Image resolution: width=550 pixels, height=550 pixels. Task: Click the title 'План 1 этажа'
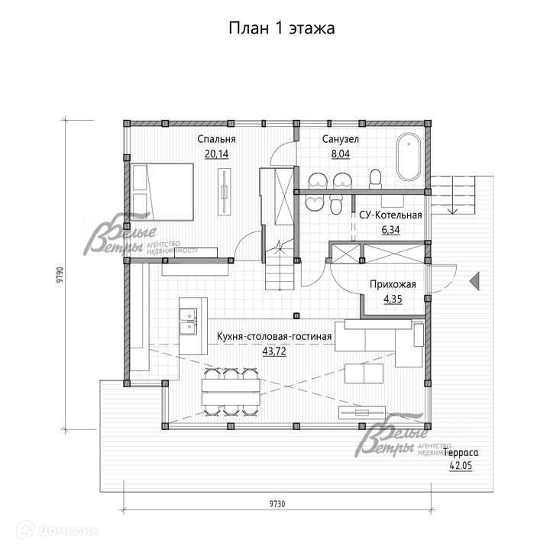tap(282, 28)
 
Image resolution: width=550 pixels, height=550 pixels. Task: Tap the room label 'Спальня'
tap(216, 140)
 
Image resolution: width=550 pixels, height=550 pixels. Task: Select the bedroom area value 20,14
tap(216, 154)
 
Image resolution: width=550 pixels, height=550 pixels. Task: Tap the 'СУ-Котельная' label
tap(390, 215)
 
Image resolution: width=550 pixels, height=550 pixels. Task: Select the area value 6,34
tap(390, 228)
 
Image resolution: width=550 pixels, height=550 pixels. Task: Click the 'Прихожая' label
tap(392, 285)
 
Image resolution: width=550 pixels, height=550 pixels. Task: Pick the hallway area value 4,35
tap(392, 299)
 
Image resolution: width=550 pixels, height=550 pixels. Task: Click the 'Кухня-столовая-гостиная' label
tap(274, 336)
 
